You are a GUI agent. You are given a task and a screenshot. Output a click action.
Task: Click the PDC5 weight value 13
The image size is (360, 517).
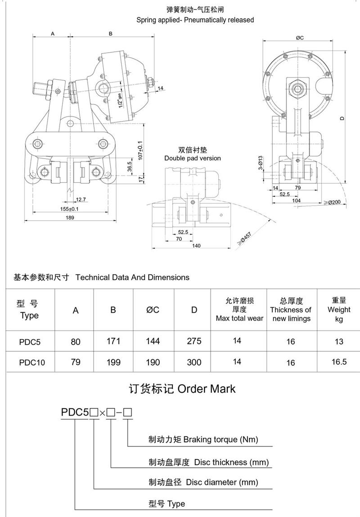coord(340,341)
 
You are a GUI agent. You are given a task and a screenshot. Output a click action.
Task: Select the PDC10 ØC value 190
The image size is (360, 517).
coord(153,362)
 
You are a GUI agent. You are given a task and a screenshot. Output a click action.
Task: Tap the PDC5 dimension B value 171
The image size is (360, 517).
coord(113,341)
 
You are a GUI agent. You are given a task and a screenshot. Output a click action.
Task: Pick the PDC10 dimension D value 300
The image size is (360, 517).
coord(194,362)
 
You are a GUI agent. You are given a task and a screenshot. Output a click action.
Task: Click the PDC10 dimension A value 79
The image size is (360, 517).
coord(76,362)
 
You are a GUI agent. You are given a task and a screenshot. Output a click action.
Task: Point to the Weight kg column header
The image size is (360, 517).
coord(339,309)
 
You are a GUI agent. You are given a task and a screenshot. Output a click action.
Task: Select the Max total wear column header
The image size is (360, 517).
coord(239,310)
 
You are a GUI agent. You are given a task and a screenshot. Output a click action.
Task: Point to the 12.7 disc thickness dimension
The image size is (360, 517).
coord(81,199)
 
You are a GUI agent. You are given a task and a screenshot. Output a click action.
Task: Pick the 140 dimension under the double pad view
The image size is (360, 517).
coord(196,245)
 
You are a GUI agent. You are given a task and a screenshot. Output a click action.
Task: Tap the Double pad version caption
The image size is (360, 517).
coord(193,158)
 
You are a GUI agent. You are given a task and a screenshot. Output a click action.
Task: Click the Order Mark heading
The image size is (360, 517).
coord(182,389)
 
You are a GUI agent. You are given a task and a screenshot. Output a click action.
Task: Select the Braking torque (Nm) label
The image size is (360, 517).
coord(203,439)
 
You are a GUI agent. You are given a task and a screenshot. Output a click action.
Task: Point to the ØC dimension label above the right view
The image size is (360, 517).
coord(300,38)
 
